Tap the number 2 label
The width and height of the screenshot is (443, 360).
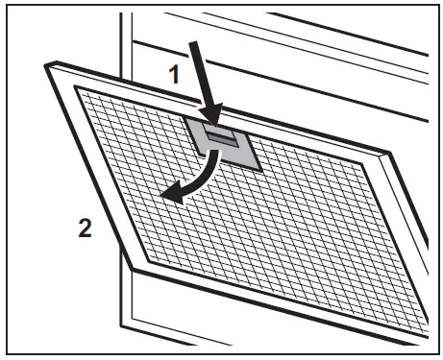pyautogui.click(x=87, y=231)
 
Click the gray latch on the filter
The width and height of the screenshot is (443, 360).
pyautogui.click(x=227, y=144)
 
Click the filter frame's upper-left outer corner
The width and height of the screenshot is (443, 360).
pyautogui.click(x=46, y=61)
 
